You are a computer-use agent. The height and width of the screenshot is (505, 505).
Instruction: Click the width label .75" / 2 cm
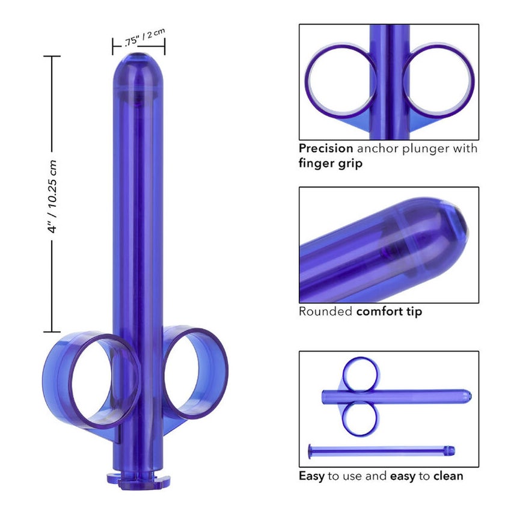145,38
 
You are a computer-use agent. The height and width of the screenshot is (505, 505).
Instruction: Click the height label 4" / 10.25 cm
52,196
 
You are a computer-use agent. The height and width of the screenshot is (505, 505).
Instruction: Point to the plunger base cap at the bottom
138,479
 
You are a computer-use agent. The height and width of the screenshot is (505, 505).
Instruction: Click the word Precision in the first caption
326,148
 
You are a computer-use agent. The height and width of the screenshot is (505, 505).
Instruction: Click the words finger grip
331,164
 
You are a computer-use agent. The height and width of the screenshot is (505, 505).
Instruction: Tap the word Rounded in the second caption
325,311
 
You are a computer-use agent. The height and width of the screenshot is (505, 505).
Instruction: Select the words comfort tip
389,312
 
